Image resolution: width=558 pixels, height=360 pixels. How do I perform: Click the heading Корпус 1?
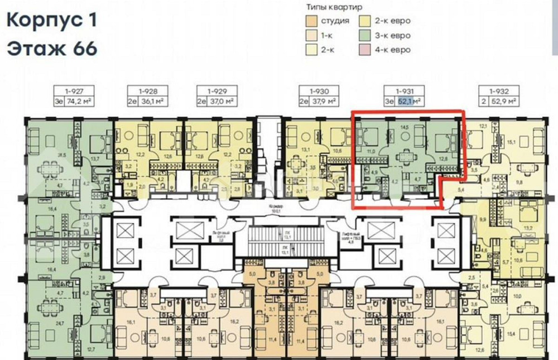[x=52, y=21]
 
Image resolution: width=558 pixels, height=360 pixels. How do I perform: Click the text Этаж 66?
[x=52, y=49]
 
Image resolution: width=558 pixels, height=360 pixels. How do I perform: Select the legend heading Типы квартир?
[x=334, y=7]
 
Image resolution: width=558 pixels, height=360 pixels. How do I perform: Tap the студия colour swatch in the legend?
[x=310, y=21]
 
